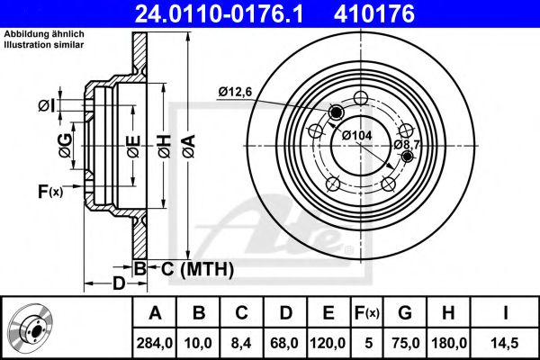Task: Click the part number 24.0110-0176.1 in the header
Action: (x=219, y=13)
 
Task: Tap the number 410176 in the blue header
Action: (x=374, y=13)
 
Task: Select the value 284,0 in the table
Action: (x=155, y=343)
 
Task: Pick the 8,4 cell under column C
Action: (x=241, y=343)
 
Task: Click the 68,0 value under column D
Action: (x=284, y=343)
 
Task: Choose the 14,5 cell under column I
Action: (x=505, y=343)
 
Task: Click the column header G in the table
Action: (x=405, y=313)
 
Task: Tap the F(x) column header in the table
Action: (x=367, y=313)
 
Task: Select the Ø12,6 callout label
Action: (x=235, y=92)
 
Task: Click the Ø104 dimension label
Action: (x=356, y=135)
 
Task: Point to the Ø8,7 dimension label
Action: (x=407, y=145)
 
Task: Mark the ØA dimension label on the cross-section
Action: (x=189, y=146)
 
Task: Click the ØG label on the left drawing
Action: (x=66, y=146)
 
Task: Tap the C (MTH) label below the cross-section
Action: (x=197, y=269)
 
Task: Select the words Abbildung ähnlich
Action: (x=44, y=34)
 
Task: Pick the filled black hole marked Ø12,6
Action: (x=336, y=112)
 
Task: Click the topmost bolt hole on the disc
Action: (x=361, y=98)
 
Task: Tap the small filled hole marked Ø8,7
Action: (x=408, y=157)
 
